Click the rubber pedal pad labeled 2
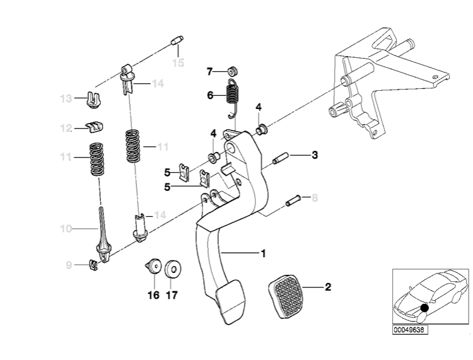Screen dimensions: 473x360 (x=285, y=296)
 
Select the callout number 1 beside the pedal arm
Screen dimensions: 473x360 (x=264, y=253)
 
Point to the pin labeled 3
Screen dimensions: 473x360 (x=281, y=159)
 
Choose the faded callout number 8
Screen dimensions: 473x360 (x=315, y=198)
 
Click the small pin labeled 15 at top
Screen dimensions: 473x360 (x=177, y=40)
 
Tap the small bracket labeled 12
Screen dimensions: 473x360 (x=95, y=127)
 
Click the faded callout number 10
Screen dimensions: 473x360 (x=66, y=229)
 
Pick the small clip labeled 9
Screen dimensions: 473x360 (x=94, y=265)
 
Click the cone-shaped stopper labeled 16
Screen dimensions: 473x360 (x=154, y=267)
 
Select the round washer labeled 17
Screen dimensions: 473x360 (x=173, y=268)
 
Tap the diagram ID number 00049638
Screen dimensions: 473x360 (x=410, y=330)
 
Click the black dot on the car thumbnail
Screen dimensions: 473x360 (x=424, y=308)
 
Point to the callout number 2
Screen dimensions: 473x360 (x=328, y=287)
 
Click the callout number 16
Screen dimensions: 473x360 (x=153, y=295)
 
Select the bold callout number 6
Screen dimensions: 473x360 (x=210, y=96)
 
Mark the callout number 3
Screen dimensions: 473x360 (x=315, y=155)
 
